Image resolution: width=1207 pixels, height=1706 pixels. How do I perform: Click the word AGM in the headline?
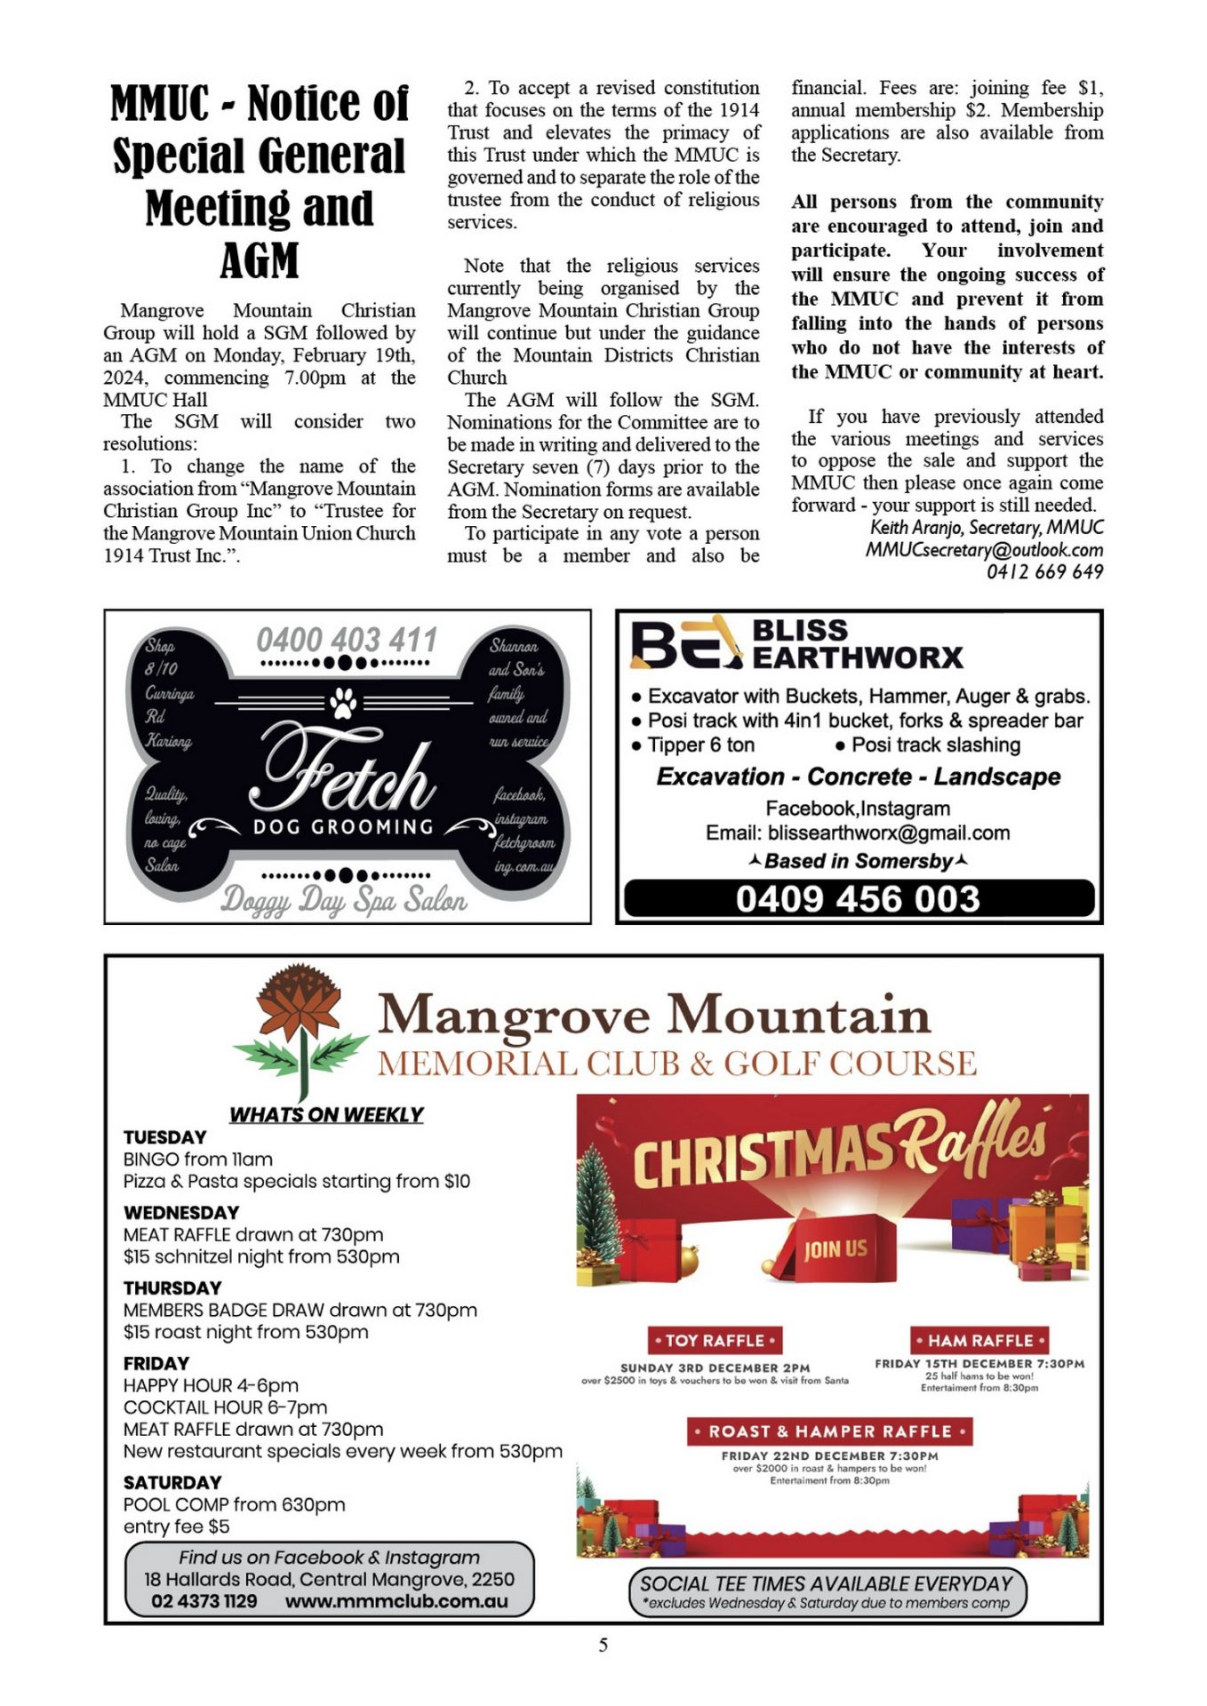[x=259, y=261]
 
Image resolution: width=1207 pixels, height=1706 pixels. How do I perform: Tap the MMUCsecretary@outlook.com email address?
[x=984, y=550]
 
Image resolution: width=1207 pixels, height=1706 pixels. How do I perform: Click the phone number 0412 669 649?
[x=1044, y=572]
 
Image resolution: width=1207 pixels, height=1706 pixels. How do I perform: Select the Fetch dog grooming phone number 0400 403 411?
[x=347, y=640]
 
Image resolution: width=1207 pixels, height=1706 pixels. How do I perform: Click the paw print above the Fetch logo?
[x=343, y=702]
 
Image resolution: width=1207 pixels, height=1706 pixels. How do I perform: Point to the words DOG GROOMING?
[x=343, y=827]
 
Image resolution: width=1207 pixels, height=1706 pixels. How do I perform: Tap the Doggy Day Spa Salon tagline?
[x=343, y=900]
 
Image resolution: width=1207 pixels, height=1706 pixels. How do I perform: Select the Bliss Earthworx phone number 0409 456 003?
[x=858, y=899]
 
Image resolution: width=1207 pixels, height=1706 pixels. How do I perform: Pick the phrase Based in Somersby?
[x=858, y=861]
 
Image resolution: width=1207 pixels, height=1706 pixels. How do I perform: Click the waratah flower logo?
[x=300, y=1031]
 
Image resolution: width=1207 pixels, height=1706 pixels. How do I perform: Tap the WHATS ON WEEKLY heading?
[x=326, y=1114]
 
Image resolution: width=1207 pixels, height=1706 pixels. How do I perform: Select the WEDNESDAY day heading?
[x=181, y=1213]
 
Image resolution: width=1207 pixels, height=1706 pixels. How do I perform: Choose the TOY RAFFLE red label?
[x=715, y=1340]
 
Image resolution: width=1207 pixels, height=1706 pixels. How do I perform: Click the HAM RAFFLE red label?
[x=980, y=1340]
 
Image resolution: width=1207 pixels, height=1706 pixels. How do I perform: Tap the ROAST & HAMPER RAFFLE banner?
[x=828, y=1431]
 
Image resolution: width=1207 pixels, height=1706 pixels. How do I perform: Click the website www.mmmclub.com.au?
[x=396, y=1601]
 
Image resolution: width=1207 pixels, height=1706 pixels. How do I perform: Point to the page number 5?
[x=603, y=1645]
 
